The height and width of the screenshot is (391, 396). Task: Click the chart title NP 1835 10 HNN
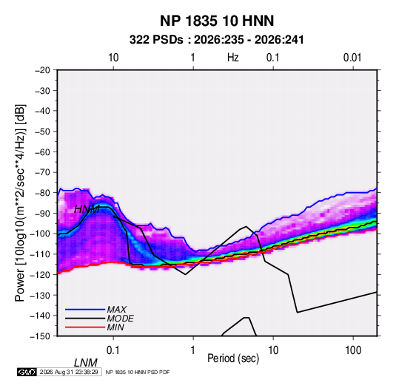click(x=217, y=21)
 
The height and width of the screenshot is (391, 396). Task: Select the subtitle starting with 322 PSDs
click(x=216, y=40)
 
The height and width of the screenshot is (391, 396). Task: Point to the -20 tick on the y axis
click(x=42, y=70)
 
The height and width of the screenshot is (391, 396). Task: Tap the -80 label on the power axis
click(x=42, y=193)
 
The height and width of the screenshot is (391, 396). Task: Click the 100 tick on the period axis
click(x=353, y=350)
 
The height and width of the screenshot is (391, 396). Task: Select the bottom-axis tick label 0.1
click(x=113, y=350)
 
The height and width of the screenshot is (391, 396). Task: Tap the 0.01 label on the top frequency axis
click(x=352, y=58)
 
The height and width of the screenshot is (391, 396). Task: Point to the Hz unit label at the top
click(x=233, y=58)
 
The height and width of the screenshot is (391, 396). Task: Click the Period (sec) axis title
click(x=233, y=358)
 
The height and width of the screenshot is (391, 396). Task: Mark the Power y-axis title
click(x=20, y=203)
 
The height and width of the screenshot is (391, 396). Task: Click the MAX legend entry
click(x=116, y=309)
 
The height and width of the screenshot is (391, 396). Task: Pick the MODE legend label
click(x=120, y=319)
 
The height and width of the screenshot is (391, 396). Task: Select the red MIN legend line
click(x=85, y=327)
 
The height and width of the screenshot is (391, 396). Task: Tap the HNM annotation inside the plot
click(x=87, y=209)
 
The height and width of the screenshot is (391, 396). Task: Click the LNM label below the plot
click(x=85, y=363)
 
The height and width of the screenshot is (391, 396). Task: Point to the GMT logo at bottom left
click(x=27, y=372)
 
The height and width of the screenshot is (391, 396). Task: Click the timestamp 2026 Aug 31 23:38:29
click(x=69, y=372)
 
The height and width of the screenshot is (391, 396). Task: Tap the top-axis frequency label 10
click(x=113, y=58)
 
